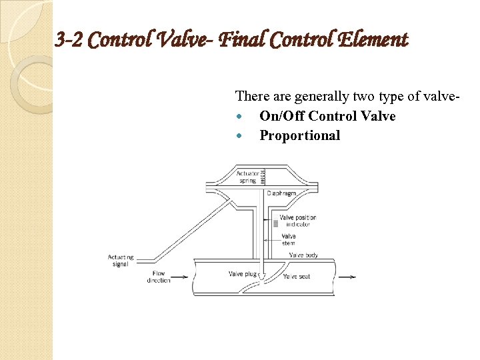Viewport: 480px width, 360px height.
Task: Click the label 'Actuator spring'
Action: coord(247,177)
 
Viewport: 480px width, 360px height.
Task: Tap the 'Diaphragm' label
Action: coord(282,193)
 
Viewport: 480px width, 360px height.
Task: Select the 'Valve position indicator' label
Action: coord(298,221)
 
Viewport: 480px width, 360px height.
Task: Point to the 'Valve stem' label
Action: coord(289,239)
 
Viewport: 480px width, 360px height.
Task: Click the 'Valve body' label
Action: coord(303,255)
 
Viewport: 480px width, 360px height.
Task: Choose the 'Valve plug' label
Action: coord(241,274)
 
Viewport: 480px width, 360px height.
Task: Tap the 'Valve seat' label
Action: coord(297,276)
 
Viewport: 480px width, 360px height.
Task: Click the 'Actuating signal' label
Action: coord(121,260)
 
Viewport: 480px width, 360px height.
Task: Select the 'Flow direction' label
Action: coord(159,277)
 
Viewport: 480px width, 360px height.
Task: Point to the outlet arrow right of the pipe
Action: coord(347,277)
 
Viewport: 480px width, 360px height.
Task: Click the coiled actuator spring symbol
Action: coord(263,177)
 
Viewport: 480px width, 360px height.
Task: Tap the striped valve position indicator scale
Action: coord(274,225)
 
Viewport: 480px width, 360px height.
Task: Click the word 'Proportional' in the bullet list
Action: coord(299,135)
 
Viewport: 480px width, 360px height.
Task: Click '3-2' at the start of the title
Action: coord(69,41)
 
